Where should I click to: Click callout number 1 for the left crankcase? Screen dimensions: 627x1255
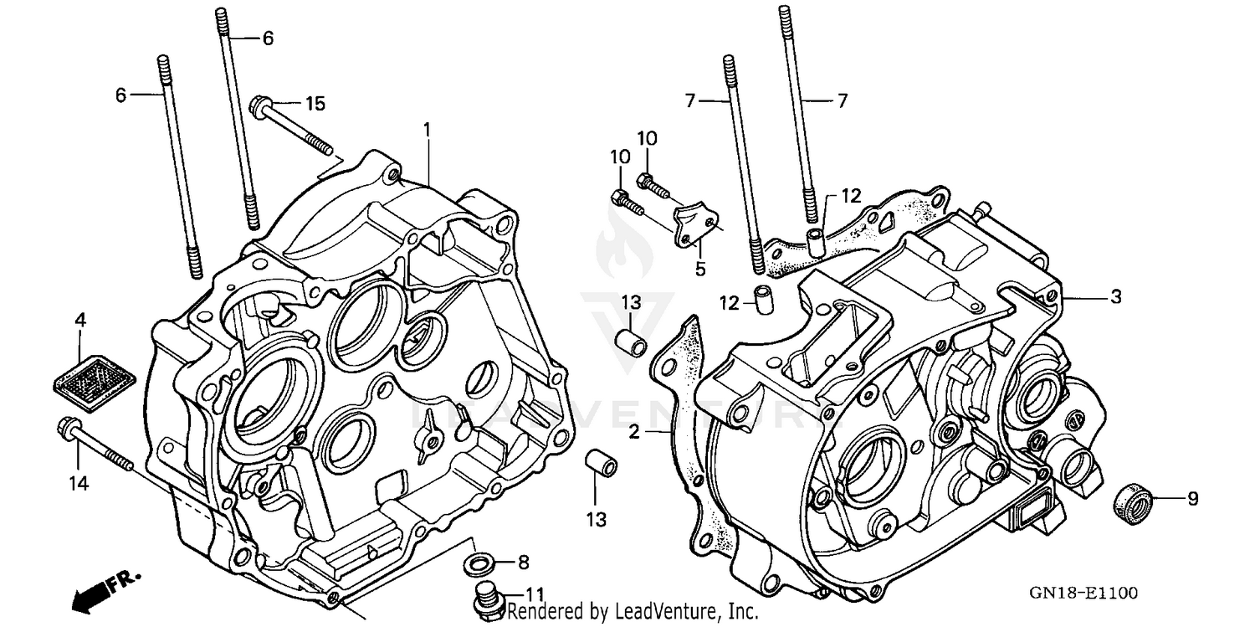(427, 129)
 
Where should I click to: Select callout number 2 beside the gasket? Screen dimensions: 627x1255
(634, 433)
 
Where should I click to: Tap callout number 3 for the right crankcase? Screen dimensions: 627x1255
(1115, 297)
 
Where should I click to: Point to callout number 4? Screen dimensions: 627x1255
(80, 320)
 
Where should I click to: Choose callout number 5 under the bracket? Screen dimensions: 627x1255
(700, 270)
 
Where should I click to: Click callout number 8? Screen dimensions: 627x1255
(524, 561)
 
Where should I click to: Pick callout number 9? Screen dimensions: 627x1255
(1192, 499)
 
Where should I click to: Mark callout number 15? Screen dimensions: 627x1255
(314, 104)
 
